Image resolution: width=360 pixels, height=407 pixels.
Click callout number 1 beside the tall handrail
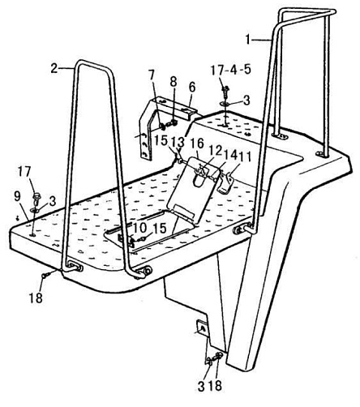pos(248,40)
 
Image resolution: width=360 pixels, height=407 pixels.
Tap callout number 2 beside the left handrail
pos(55,69)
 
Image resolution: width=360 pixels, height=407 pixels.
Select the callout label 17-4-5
pos(231,70)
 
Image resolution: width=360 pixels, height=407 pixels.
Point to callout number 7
pos(151,75)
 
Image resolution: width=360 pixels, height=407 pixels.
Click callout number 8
pos(174,82)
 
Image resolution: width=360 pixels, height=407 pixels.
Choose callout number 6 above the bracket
pos(192,88)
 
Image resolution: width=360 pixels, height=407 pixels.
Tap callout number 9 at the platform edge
pos(17,196)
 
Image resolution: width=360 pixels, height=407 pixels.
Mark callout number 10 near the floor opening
pos(139,228)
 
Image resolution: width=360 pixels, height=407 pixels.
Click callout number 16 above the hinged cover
pos(199,144)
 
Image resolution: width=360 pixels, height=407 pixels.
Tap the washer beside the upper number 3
pos(225,104)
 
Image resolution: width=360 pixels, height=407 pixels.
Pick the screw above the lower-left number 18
pos(45,275)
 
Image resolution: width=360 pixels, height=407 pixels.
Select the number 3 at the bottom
pos(201,387)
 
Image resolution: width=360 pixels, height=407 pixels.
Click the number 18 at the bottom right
pos(215,386)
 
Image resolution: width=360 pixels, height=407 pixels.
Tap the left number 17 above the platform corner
pos(25,172)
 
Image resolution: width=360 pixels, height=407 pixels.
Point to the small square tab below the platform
pos(202,328)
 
